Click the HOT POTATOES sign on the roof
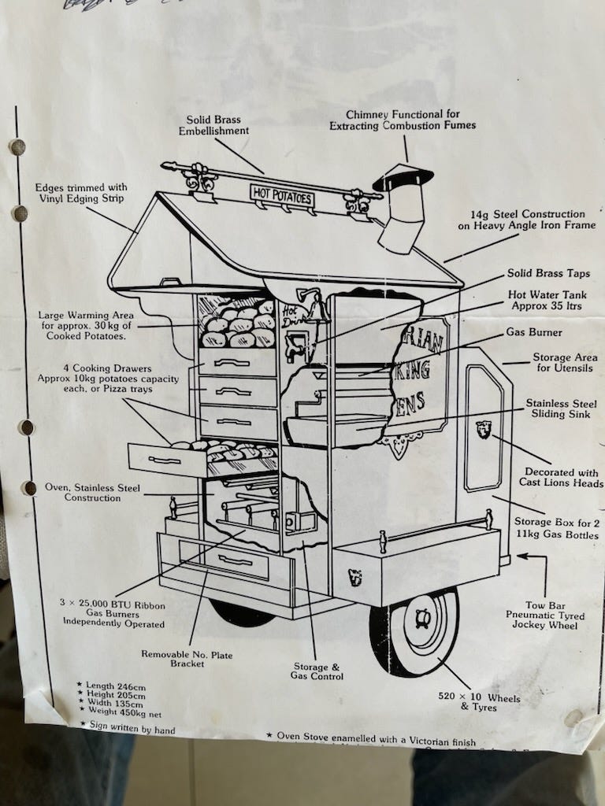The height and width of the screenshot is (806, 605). click(x=282, y=194)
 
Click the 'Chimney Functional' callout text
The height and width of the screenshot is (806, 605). click(x=403, y=120)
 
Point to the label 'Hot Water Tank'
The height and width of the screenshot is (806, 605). click(x=547, y=300)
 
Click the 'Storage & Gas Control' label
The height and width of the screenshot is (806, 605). click(x=318, y=671)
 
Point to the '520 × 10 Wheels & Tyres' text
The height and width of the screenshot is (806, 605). click(x=479, y=702)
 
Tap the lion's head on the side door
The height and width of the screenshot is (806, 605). click(x=484, y=430)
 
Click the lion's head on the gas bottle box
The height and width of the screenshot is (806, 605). click(x=355, y=577)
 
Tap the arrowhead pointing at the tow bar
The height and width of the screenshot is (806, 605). click(x=521, y=556)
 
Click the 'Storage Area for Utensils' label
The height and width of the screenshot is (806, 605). click(x=563, y=363)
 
